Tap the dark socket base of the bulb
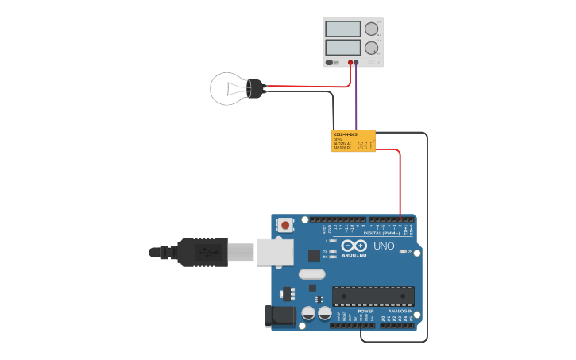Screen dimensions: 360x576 255,88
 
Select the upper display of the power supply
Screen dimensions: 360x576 342,29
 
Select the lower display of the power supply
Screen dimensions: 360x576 342,47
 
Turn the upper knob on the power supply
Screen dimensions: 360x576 371,29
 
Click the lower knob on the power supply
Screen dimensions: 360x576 371,48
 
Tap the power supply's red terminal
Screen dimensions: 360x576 350,62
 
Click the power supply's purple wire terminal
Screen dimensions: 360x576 356,62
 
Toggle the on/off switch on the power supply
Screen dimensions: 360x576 331,62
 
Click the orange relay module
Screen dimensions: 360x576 353,141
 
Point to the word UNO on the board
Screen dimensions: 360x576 384,246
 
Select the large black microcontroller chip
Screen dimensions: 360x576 373,296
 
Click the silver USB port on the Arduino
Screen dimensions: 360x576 275,252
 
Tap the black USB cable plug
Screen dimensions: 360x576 203,252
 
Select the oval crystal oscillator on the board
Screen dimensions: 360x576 311,274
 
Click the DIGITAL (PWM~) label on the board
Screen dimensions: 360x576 381,233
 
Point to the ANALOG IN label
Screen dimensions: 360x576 400,311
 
